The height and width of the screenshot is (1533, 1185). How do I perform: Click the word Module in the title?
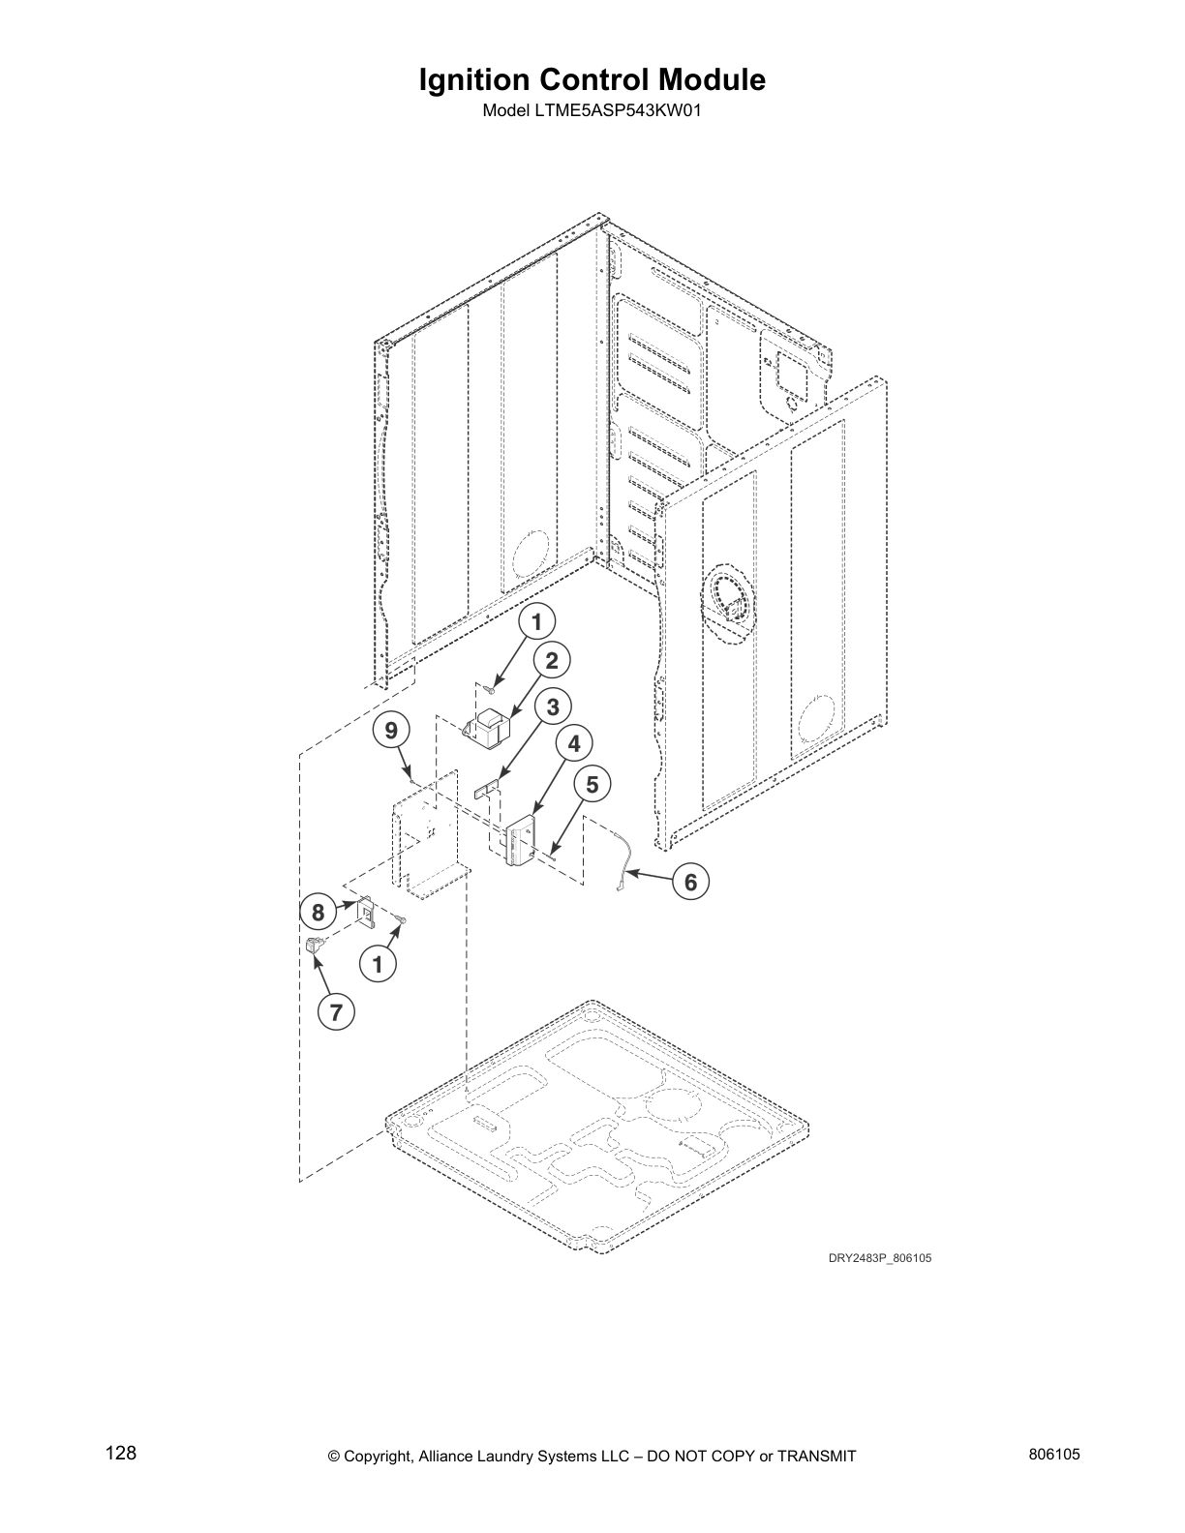pos(714,80)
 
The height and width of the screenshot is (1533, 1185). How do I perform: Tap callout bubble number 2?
pos(552,662)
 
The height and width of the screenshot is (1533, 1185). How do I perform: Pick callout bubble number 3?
pos(553,707)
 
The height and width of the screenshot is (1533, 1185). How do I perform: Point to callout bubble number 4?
pos(574,744)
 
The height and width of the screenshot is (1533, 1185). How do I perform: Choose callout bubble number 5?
pos(592,785)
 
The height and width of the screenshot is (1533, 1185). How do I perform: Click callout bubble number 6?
pos(690,883)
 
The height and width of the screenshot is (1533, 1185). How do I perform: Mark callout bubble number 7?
pos(336,1012)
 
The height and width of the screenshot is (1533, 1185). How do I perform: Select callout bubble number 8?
pos(318,912)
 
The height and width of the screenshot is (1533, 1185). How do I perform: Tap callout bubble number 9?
pos(391,731)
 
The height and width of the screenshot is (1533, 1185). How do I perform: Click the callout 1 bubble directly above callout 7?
pos(378,964)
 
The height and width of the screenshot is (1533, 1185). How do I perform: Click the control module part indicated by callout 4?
pos(523,839)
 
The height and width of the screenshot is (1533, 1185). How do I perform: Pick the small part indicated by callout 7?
pos(314,946)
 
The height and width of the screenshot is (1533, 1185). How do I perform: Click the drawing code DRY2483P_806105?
pos(879,1259)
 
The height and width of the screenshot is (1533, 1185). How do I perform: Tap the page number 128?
pos(121,1454)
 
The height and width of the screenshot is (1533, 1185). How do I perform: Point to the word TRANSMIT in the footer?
pos(817,1457)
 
